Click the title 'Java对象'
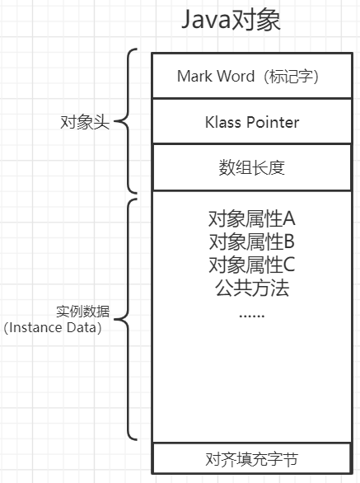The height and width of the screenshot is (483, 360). click(231, 20)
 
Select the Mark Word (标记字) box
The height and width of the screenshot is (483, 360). click(248, 76)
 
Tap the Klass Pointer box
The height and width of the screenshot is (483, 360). click(252, 122)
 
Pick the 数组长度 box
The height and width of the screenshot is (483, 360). click(252, 167)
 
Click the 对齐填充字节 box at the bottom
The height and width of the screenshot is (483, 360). click(252, 458)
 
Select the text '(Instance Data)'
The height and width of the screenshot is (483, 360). click(53, 327)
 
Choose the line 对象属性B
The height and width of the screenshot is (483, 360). click(251, 242)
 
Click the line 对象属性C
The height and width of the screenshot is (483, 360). click(251, 265)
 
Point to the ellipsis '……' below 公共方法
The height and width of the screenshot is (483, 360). click(251, 313)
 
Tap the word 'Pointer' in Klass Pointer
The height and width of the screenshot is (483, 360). click(273, 122)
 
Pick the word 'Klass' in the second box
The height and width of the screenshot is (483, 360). click(223, 122)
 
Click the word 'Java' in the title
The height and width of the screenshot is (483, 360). click(208, 20)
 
